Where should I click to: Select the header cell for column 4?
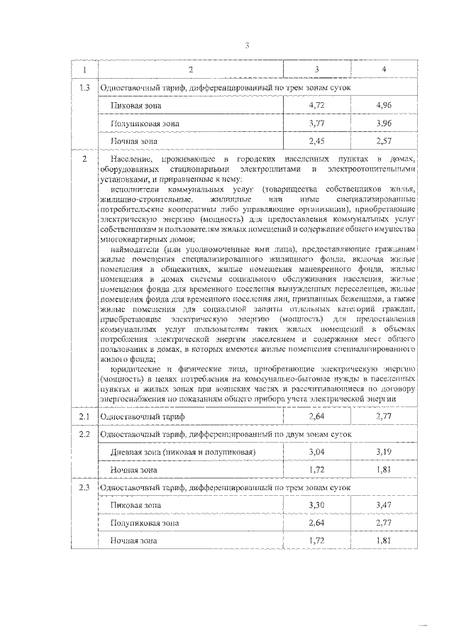[x=384, y=70]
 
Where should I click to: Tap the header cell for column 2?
[x=190, y=70]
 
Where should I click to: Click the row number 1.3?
[x=84, y=87]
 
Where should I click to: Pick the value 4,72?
[x=316, y=105]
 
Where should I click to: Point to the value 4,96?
[x=384, y=105]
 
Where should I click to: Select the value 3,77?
[x=316, y=123]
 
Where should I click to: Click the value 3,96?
[x=384, y=123]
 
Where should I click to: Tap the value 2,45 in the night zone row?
[x=316, y=140]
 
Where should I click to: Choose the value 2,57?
[x=384, y=140]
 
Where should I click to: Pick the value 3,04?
[x=316, y=452]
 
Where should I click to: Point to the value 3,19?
[x=384, y=452]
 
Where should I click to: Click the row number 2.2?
[x=84, y=434]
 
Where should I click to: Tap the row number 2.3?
[x=84, y=487]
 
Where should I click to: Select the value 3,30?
[x=316, y=505]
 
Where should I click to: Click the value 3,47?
[x=384, y=505]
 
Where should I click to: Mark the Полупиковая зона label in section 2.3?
[x=145, y=523]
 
